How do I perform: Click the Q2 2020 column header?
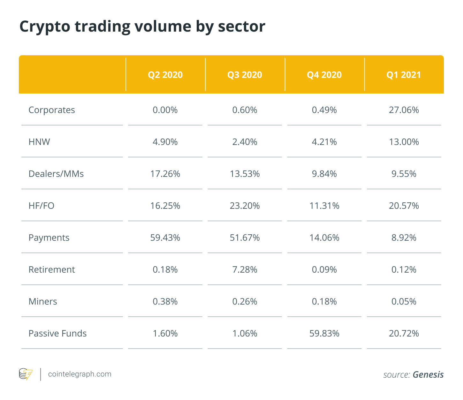[x=165, y=75]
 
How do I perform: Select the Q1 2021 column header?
[x=404, y=75]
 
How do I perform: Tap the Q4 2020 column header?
[x=324, y=75]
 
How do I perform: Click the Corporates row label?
[x=52, y=110]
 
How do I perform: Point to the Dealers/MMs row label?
[x=56, y=174]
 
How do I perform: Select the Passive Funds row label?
[x=57, y=334]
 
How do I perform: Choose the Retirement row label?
[x=52, y=270]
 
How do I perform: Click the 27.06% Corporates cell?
[x=404, y=110]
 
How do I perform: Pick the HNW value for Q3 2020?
[x=245, y=142]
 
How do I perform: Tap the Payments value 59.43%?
[x=165, y=238]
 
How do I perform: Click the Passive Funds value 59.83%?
[x=324, y=334]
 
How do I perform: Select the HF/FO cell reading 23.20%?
[x=245, y=206]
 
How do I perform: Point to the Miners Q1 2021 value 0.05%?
[x=404, y=301]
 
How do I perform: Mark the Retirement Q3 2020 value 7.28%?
[x=245, y=270]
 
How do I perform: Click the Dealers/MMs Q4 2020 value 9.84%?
[x=324, y=174]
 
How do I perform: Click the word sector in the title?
[x=241, y=27]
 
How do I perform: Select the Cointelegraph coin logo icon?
[x=26, y=374]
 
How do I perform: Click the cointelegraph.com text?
[x=80, y=374]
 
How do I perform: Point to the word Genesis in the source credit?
[x=428, y=375]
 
